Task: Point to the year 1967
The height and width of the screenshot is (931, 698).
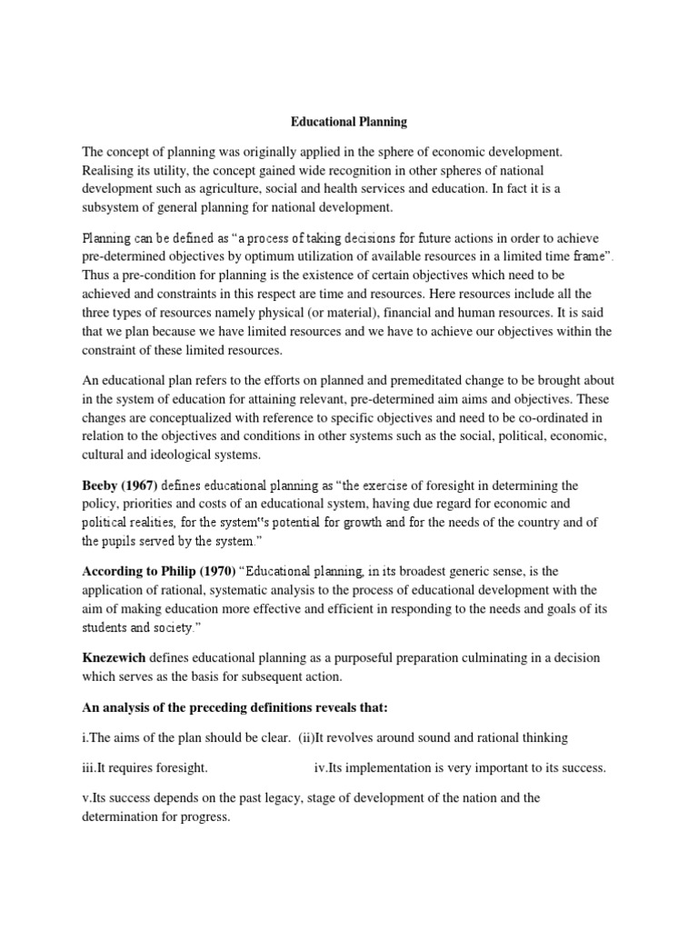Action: [150, 486]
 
